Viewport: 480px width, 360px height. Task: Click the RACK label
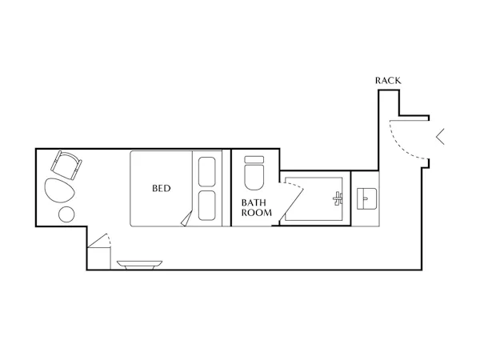[388, 81]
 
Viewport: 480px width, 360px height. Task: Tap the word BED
[162, 188]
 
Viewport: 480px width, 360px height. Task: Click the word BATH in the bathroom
[254, 202]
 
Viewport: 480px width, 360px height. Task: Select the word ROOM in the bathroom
[257, 213]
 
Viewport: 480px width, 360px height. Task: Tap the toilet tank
[254, 159]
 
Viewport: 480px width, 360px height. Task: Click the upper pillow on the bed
[207, 172]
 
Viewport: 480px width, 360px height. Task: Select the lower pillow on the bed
[207, 206]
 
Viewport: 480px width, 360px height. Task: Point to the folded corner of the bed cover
[186, 218]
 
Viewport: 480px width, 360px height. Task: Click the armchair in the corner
[66, 165]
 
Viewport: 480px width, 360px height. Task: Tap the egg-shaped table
[60, 190]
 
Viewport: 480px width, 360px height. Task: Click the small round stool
[66, 214]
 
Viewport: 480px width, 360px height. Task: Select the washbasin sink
[366, 198]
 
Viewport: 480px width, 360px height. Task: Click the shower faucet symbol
[338, 199]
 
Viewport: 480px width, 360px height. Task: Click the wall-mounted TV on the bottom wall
[139, 265]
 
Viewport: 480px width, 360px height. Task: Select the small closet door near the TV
[98, 241]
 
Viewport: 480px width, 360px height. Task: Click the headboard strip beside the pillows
[226, 188]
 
